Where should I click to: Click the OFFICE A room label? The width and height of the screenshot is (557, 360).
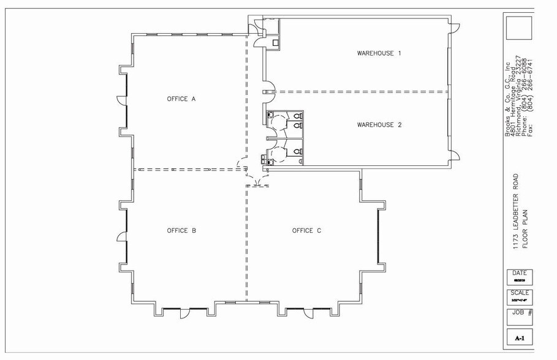point(181,99)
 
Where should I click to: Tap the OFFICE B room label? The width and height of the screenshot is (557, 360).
point(181,231)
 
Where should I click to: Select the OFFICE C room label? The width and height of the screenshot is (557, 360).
point(306,231)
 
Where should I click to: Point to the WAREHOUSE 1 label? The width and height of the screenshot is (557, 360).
point(379,53)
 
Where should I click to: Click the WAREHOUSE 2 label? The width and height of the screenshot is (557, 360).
point(379,125)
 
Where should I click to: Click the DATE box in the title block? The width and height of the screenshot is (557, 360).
point(519,276)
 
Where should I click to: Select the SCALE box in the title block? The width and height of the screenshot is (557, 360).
point(519,296)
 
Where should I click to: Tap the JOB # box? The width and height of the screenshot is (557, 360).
point(519,317)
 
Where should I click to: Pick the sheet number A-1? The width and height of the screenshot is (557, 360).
point(519,338)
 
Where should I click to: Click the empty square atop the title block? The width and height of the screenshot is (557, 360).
point(519,28)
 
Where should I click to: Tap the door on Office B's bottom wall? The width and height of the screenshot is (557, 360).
point(183,313)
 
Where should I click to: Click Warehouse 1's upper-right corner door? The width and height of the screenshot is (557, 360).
point(454,28)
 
